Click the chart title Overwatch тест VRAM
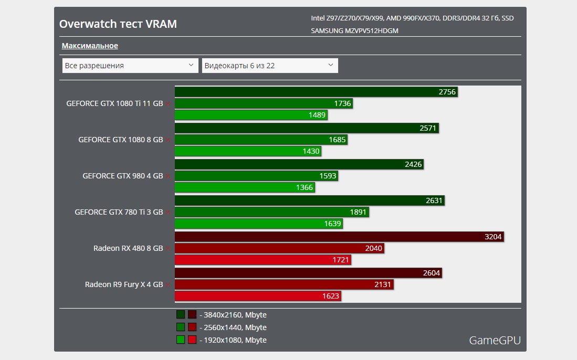point(118,24)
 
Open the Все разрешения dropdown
point(129,66)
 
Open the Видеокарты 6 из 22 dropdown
point(269,66)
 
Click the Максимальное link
point(90,46)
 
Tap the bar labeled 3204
point(339,237)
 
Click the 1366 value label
point(305,187)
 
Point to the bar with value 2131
point(284,284)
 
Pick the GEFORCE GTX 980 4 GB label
point(123,176)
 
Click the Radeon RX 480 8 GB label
point(128,248)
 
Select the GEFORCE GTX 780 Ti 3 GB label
point(119,212)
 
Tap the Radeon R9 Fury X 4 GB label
point(124,284)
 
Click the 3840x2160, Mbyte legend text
point(233,315)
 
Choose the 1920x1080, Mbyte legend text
point(233,340)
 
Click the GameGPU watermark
point(495,341)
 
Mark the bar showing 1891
point(271,212)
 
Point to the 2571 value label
point(428,128)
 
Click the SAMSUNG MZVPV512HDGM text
point(354,31)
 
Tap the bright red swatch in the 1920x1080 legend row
point(192,340)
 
